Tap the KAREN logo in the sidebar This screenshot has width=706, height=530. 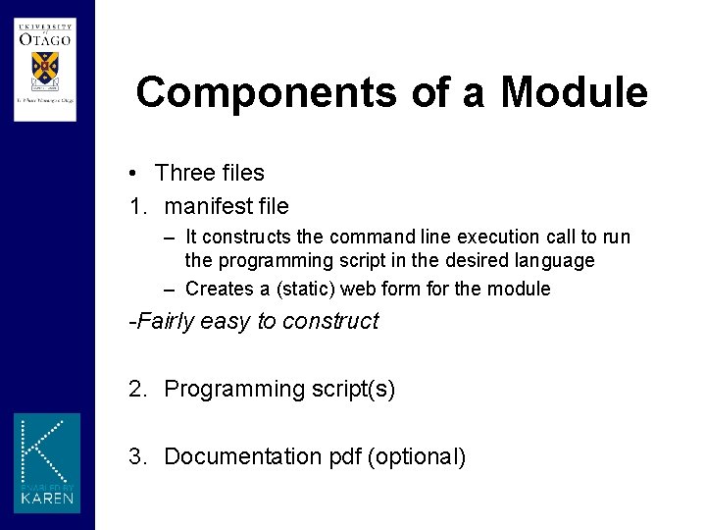(x=47, y=462)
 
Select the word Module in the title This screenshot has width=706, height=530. (x=574, y=93)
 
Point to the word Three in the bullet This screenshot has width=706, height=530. (x=183, y=174)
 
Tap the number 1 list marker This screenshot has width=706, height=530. (x=136, y=207)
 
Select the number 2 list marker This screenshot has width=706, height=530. (x=136, y=390)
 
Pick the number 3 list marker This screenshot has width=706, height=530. (x=136, y=457)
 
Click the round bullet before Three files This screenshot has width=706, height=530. (x=131, y=174)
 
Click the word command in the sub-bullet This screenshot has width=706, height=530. (x=368, y=238)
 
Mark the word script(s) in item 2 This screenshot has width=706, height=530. (x=354, y=390)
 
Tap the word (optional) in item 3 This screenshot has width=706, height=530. (x=417, y=457)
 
